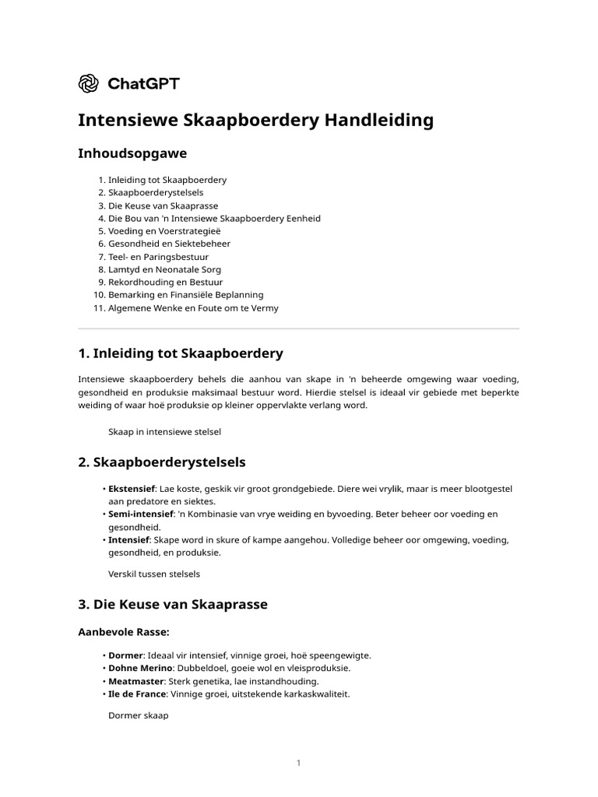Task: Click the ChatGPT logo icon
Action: [x=89, y=83]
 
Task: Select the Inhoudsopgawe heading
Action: [x=132, y=153]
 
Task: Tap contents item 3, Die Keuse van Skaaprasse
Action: [x=163, y=205]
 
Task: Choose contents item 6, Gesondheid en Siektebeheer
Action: [x=169, y=244]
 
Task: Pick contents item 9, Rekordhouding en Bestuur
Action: [x=165, y=282]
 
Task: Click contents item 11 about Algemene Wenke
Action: [x=193, y=307]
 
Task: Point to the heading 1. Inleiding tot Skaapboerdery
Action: [x=181, y=353]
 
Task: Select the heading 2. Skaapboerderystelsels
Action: [x=162, y=462]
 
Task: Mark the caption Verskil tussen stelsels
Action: [x=154, y=574]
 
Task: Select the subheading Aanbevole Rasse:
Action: [x=124, y=631]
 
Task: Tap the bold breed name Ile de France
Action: [x=137, y=693]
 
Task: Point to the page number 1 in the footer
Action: [x=298, y=764]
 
